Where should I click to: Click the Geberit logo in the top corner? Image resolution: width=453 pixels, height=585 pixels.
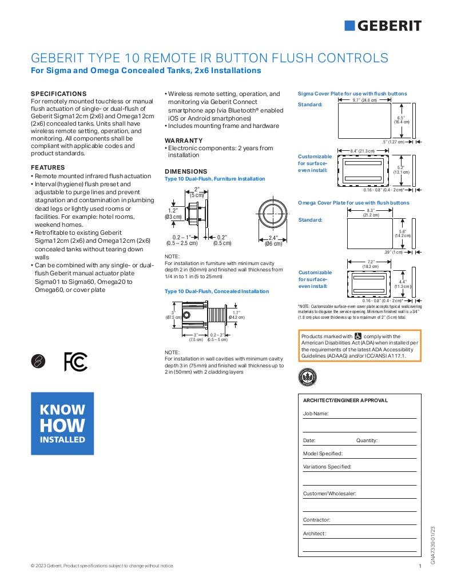[383, 25]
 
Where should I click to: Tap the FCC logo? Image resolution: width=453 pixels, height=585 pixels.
[75, 361]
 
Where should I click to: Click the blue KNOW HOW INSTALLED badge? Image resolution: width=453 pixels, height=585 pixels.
[62, 424]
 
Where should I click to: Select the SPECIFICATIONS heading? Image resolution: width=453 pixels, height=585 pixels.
[58, 94]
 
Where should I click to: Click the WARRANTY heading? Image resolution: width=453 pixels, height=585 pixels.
[184, 141]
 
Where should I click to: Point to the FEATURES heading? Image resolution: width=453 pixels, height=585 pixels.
[47, 167]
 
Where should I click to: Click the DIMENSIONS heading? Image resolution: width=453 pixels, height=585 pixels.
[186, 171]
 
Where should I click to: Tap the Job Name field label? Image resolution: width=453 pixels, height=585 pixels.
[316, 413]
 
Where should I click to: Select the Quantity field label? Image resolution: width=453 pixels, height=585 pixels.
[367, 440]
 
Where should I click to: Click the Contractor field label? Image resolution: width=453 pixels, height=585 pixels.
[316, 520]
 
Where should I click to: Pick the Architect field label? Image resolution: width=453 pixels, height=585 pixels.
[314, 534]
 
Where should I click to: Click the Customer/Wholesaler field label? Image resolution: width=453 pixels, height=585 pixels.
[329, 493]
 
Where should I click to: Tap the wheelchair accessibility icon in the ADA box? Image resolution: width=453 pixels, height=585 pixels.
[359, 336]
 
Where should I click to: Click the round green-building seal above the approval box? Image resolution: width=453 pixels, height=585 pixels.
[308, 378]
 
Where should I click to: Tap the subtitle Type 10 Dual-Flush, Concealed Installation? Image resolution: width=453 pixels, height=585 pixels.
[217, 291]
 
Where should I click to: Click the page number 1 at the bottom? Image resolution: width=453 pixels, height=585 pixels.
[420, 566]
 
